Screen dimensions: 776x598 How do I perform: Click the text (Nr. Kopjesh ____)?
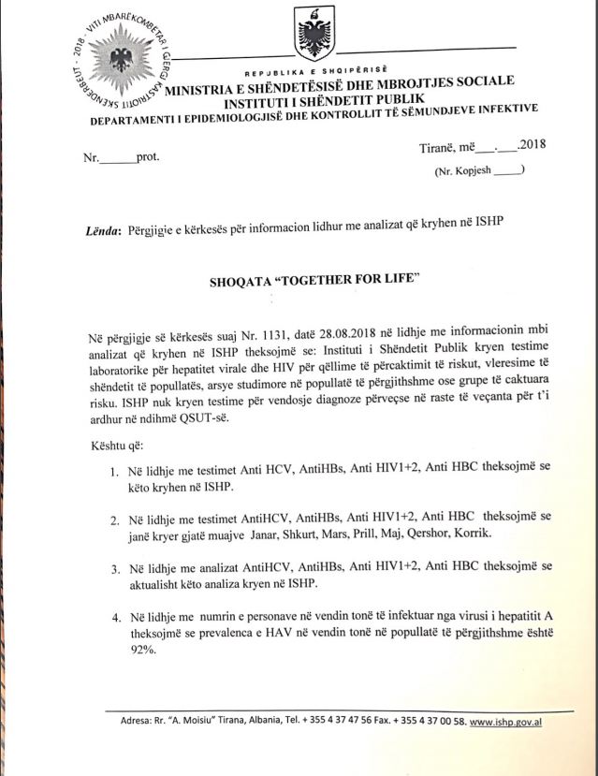pyautogui.click(x=477, y=170)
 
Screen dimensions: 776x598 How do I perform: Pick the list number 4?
pyautogui.click(x=114, y=617)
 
